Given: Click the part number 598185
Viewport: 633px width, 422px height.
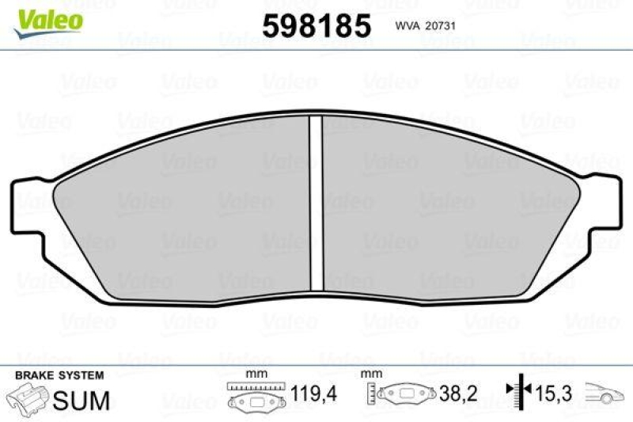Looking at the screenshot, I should pyautogui.click(x=316, y=26).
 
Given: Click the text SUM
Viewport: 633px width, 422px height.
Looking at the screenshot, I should pyautogui.click(x=81, y=399).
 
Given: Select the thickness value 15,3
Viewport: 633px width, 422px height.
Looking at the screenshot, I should pyautogui.click(x=555, y=392).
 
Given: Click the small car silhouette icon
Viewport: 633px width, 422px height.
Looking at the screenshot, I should pyautogui.click(x=601, y=393).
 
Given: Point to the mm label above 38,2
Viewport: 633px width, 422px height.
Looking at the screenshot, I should pyautogui.click(x=367, y=374).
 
